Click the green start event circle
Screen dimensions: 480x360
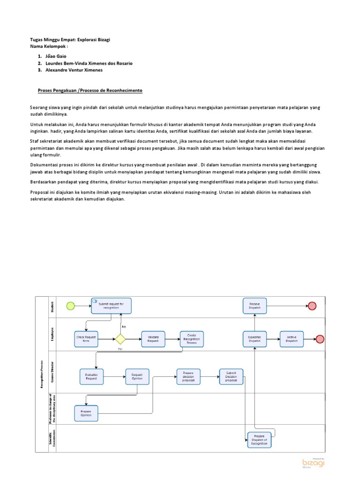coord(70,306)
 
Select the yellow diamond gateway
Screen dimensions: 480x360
coord(120,338)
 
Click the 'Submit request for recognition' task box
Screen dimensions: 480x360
coord(111,306)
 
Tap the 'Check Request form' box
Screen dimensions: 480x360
coord(86,338)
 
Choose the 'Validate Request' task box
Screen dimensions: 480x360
coord(153,338)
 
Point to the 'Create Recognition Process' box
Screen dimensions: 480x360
coord(192,339)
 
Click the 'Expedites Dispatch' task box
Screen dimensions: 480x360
coord(255,338)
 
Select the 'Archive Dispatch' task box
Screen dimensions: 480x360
coord(292,338)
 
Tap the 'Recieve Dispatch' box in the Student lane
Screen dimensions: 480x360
coord(255,306)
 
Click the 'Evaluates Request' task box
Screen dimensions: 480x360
coord(91,376)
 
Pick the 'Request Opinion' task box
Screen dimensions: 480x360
coord(137,376)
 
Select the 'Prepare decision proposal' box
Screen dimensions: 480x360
coord(188,376)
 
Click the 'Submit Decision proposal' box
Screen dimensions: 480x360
coord(232,376)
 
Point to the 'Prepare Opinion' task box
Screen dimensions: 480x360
coord(86,412)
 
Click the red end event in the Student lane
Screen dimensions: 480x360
coord(312,306)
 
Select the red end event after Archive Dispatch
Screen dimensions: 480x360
coord(320,339)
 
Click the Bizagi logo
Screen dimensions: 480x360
coord(313,463)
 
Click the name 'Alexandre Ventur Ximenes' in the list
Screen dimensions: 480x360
coord(74,70)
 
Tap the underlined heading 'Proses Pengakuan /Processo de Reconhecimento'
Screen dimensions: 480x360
coord(90,90)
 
